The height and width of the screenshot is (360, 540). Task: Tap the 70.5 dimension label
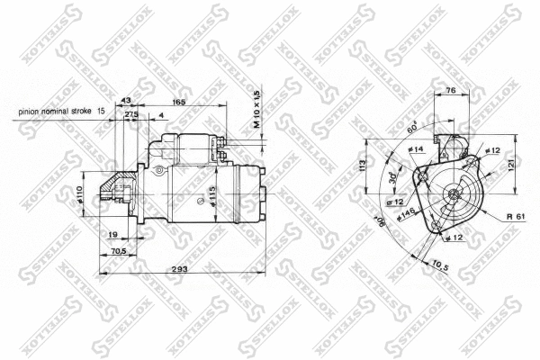tap(117, 252)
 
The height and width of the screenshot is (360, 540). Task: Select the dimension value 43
tap(125, 100)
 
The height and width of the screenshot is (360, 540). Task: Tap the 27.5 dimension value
tap(131, 115)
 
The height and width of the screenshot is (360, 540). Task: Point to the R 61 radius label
tap(515, 217)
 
